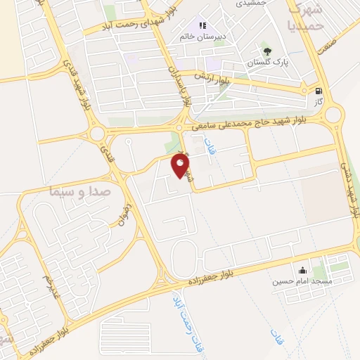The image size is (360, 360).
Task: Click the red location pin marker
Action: coord(181,166)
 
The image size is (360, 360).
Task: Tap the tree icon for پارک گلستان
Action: coord(266,51)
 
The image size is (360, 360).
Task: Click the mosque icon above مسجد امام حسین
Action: coord(302,270)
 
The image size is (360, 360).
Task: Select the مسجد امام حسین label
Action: coord(303,281)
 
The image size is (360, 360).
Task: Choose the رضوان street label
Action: coord(126,207)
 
